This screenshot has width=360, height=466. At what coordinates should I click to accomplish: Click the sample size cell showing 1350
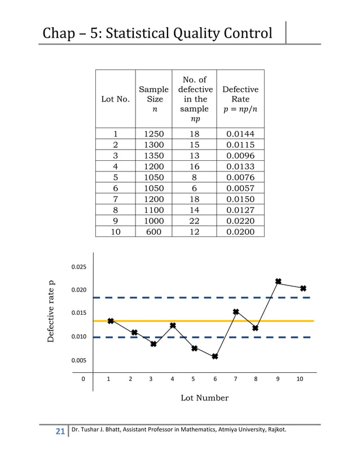(153, 155)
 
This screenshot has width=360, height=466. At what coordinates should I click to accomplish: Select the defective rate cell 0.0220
(240, 221)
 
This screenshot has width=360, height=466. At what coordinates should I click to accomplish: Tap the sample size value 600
(153, 232)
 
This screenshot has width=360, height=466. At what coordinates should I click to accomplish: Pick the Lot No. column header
(115, 99)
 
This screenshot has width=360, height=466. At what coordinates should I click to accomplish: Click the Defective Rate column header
(240, 99)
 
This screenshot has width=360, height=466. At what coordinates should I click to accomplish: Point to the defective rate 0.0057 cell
(240, 188)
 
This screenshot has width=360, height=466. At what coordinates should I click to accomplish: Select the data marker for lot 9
(278, 281)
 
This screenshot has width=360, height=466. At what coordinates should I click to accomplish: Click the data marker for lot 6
(215, 357)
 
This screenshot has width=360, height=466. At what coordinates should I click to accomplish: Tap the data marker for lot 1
(111, 321)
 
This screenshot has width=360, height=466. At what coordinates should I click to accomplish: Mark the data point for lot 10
(303, 288)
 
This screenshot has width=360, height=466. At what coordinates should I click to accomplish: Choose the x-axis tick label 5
(193, 379)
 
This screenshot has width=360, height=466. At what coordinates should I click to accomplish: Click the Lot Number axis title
(204, 398)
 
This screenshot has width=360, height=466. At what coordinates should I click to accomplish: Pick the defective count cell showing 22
(194, 221)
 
